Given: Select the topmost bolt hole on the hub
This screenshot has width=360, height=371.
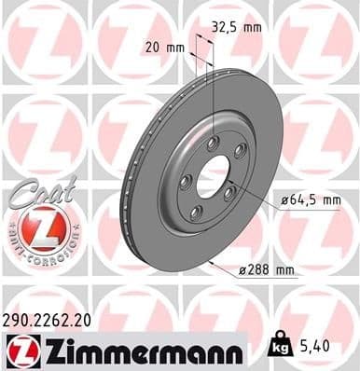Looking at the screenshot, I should point(214,142).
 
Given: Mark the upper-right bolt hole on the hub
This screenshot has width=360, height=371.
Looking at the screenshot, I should point(239,150).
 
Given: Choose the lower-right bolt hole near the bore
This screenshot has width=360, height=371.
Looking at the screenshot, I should point(230,197).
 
